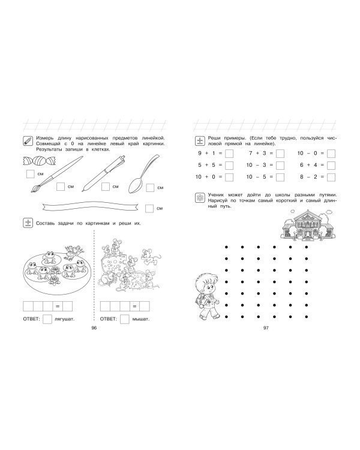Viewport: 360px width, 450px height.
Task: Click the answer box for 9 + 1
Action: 229,154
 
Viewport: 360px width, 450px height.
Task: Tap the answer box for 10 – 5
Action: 280,177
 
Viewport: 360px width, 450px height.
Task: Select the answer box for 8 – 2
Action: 331,177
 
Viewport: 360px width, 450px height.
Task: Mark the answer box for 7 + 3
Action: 280,154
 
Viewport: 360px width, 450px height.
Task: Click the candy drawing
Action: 40,161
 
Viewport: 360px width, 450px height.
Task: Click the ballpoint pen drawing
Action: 104,173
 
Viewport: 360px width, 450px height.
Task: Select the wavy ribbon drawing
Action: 91,206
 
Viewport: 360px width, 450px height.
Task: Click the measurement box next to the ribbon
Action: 149,209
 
